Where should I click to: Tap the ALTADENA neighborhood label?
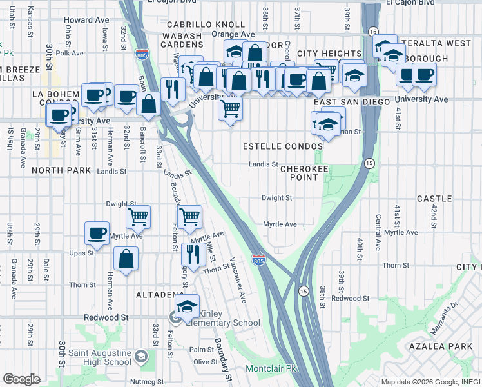click(160, 295)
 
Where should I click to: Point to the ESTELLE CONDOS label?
click(282, 147)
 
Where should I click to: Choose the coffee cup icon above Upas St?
click(97, 233)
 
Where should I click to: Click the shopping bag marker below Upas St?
click(126, 259)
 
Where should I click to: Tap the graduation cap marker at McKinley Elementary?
click(187, 306)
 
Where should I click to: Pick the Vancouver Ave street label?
click(238, 281)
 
